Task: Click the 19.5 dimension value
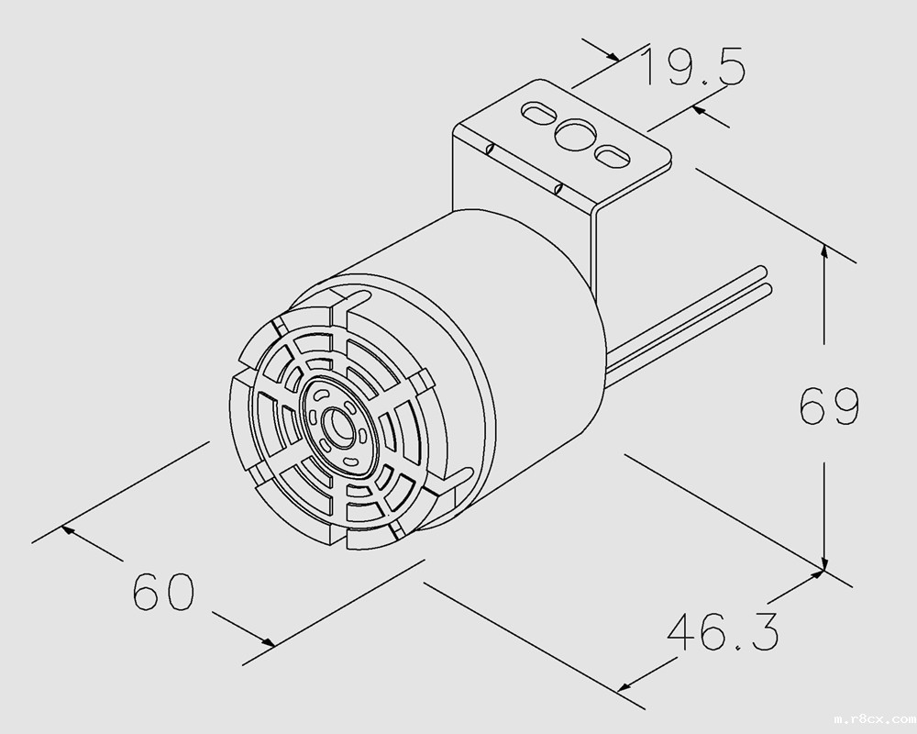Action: [693, 66]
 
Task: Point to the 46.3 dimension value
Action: [723, 631]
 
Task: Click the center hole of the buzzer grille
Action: [338, 425]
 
